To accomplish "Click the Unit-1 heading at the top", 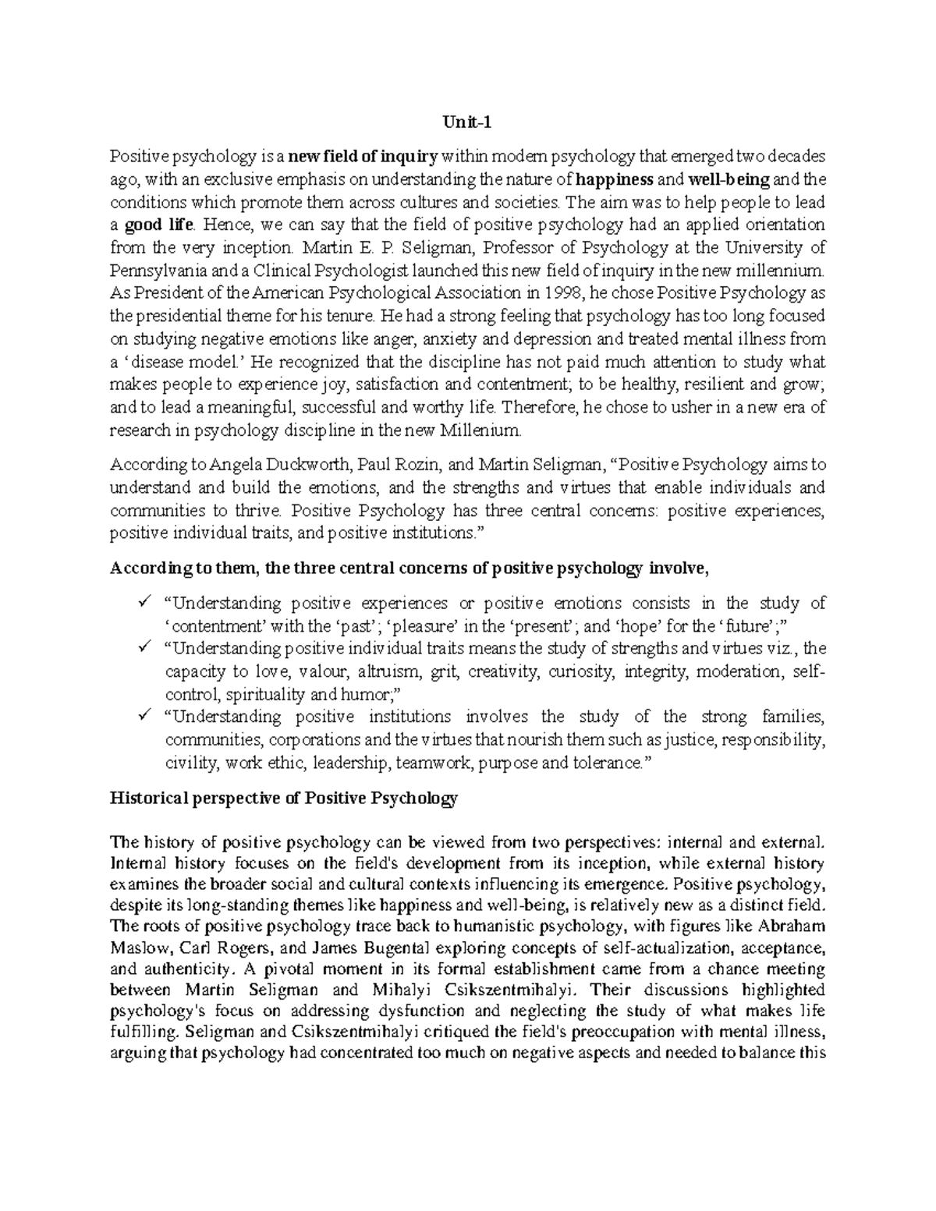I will point(467,122).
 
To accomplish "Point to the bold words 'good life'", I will point(158,225).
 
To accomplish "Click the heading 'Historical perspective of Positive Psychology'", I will point(284,798).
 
